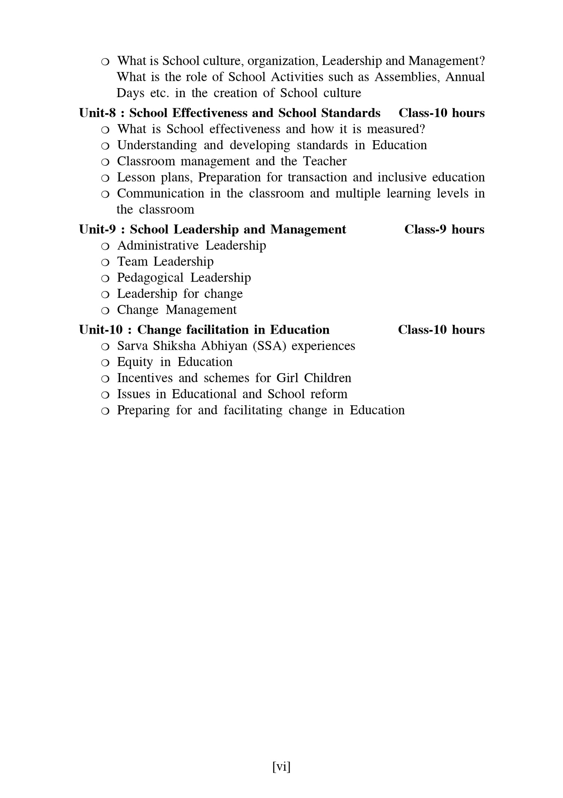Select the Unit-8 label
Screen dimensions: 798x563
click(x=97, y=113)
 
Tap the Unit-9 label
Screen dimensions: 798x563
click(x=97, y=229)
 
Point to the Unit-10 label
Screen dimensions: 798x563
click(x=101, y=330)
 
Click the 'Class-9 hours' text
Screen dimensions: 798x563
click(x=444, y=229)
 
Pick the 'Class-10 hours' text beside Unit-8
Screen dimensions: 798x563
click(x=441, y=113)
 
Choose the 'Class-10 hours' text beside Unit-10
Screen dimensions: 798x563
click(x=441, y=330)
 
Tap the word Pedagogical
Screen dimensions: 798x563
click(x=150, y=278)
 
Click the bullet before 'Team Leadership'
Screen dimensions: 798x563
click(x=105, y=262)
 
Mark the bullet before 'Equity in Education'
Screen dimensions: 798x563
click(x=105, y=363)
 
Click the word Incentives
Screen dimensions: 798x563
click(x=145, y=378)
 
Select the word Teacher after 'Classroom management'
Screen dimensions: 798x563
click(x=325, y=161)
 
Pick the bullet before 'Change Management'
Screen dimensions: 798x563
click(x=105, y=310)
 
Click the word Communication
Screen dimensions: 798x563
click(x=160, y=193)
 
